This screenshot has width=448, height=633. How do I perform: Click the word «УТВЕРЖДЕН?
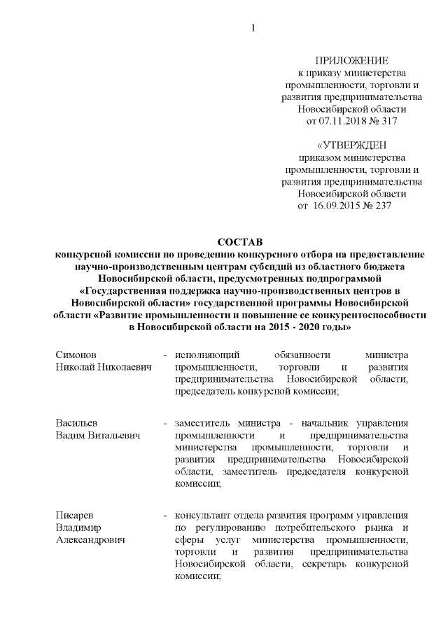tap(351, 145)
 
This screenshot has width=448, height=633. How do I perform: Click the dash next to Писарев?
tap(164, 516)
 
